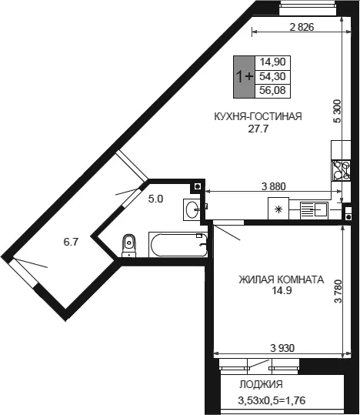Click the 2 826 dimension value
click(302, 27)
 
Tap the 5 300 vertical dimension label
click(338, 111)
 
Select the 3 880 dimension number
click(274, 187)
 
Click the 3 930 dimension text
click(282, 348)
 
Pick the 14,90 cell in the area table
click(273, 62)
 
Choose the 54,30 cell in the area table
click(273, 77)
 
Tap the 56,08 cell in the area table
click(273, 91)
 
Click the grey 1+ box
click(244, 77)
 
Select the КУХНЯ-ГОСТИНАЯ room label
click(258, 116)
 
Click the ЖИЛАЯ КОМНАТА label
click(282, 279)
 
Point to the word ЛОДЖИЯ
click(262, 384)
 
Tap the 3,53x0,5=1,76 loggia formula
click(272, 400)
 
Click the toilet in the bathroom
click(128, 246)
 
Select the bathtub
click(178, 245)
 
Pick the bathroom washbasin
click(192, 209)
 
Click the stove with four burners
click(342, 171)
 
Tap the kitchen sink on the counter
click(315, 210)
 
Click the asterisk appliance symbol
click(278, 209)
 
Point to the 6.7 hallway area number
click(71, 242)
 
